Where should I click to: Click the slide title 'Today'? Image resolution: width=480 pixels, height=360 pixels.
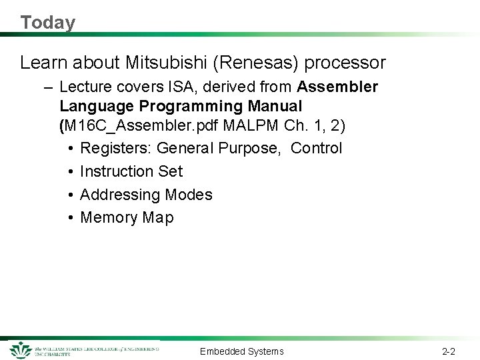pyautogui.click(x=47, y=23)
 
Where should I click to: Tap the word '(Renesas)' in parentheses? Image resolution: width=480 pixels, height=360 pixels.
pyautogui.click(x=257, y=63)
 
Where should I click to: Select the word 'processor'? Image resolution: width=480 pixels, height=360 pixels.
pyautogui.click(x=345, y=63)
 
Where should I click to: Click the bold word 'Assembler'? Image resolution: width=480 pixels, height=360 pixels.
pyautogui.click(x=338, y=87)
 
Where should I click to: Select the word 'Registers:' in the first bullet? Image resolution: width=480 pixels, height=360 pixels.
pyautogui.click(x=115, y=149)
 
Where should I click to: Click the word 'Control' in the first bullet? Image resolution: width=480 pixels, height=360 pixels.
pyautogui.click(x=317, y=149)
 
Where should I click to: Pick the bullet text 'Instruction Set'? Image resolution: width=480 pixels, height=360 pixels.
pyautogui.click(x=131, y=171)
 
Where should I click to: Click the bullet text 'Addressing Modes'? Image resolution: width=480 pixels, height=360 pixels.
pyautogui.click(x=146, y=195)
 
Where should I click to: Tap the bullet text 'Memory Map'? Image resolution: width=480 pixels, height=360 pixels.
pyautogui.click(x=127, y=218)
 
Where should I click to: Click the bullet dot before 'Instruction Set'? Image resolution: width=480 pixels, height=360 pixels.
pyautogui.click(x=70, y=172)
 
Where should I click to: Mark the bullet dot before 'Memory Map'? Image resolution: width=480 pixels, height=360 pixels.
pyautogui.click(x=70, y=218)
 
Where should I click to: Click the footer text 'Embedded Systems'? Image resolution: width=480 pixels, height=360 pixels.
pyautogui.click(x=241, y=351)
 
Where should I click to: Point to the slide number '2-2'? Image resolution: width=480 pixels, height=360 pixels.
pyautogui.click(x=449, y=351)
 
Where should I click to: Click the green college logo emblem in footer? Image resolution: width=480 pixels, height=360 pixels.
pyautogui.click(x=21, y=350)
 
